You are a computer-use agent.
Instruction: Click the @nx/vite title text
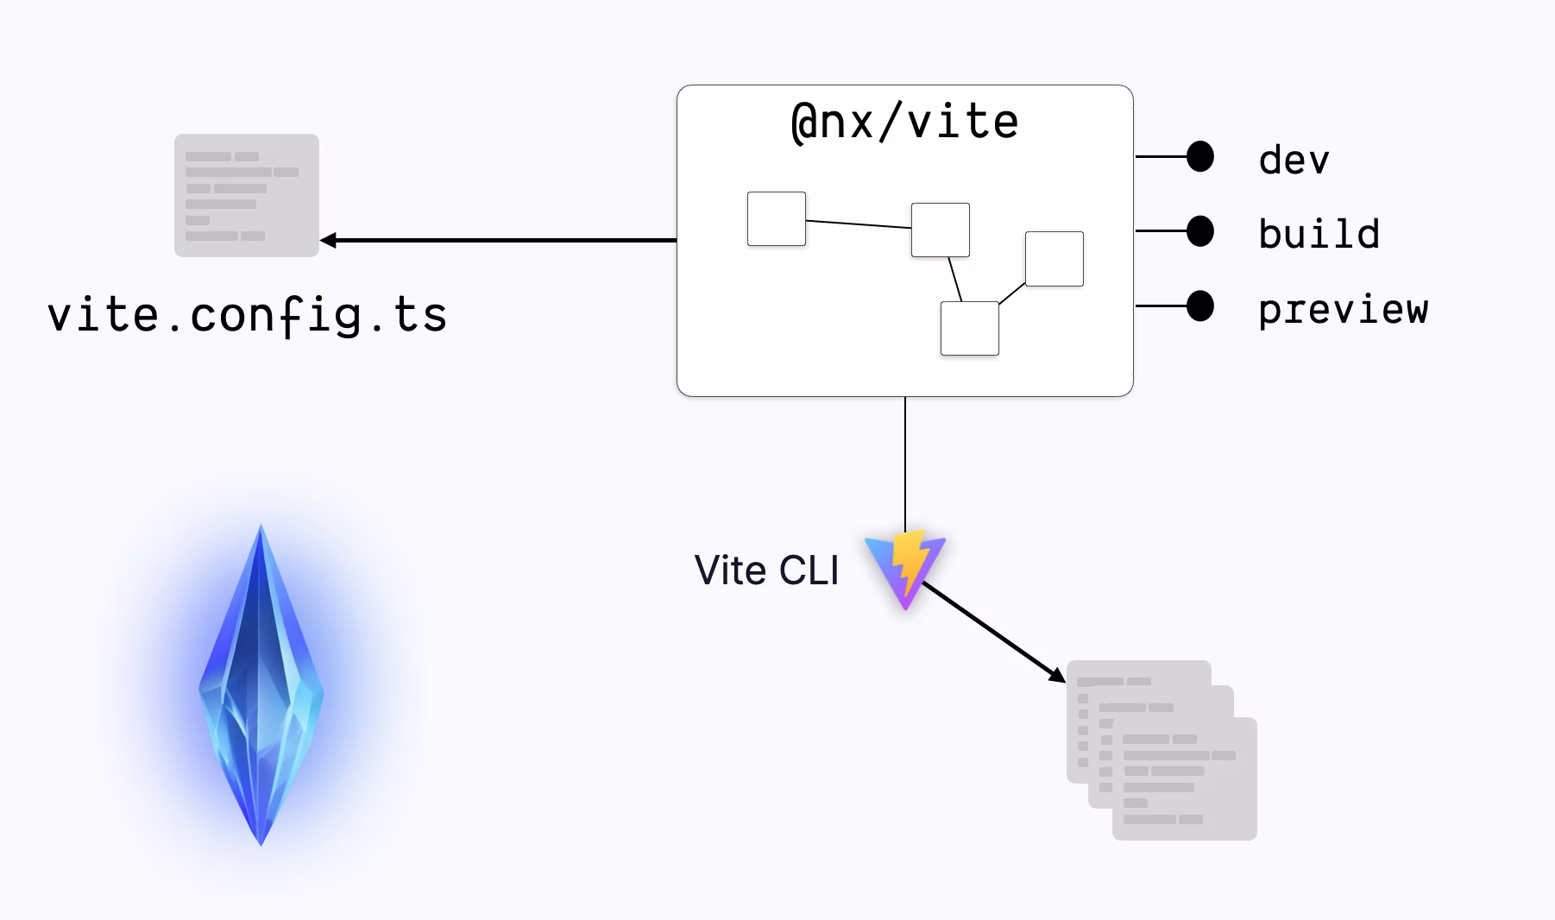point(904,123)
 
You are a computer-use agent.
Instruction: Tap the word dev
point(1294,161)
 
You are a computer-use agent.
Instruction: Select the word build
point(1319,235)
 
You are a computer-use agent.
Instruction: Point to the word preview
point(1343,309)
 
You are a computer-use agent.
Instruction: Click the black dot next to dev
point(1200,156)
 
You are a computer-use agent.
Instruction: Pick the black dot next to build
point(1200,230)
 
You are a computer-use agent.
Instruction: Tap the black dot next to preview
point(1200,306)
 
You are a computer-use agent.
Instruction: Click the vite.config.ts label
point(248,315)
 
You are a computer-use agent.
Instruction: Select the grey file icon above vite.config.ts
point(247,195)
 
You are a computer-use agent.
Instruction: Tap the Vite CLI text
point(766,570)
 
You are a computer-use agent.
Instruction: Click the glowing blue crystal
point(261,686)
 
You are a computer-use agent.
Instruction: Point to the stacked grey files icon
point(1162,749)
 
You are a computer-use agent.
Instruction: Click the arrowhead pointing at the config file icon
point(327,240)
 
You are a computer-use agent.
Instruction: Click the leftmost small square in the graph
point(777,219)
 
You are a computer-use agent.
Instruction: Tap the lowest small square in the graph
point(970,328)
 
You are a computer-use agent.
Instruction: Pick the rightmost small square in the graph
point(1055,259)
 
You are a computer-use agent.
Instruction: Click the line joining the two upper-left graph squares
point(859,224)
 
